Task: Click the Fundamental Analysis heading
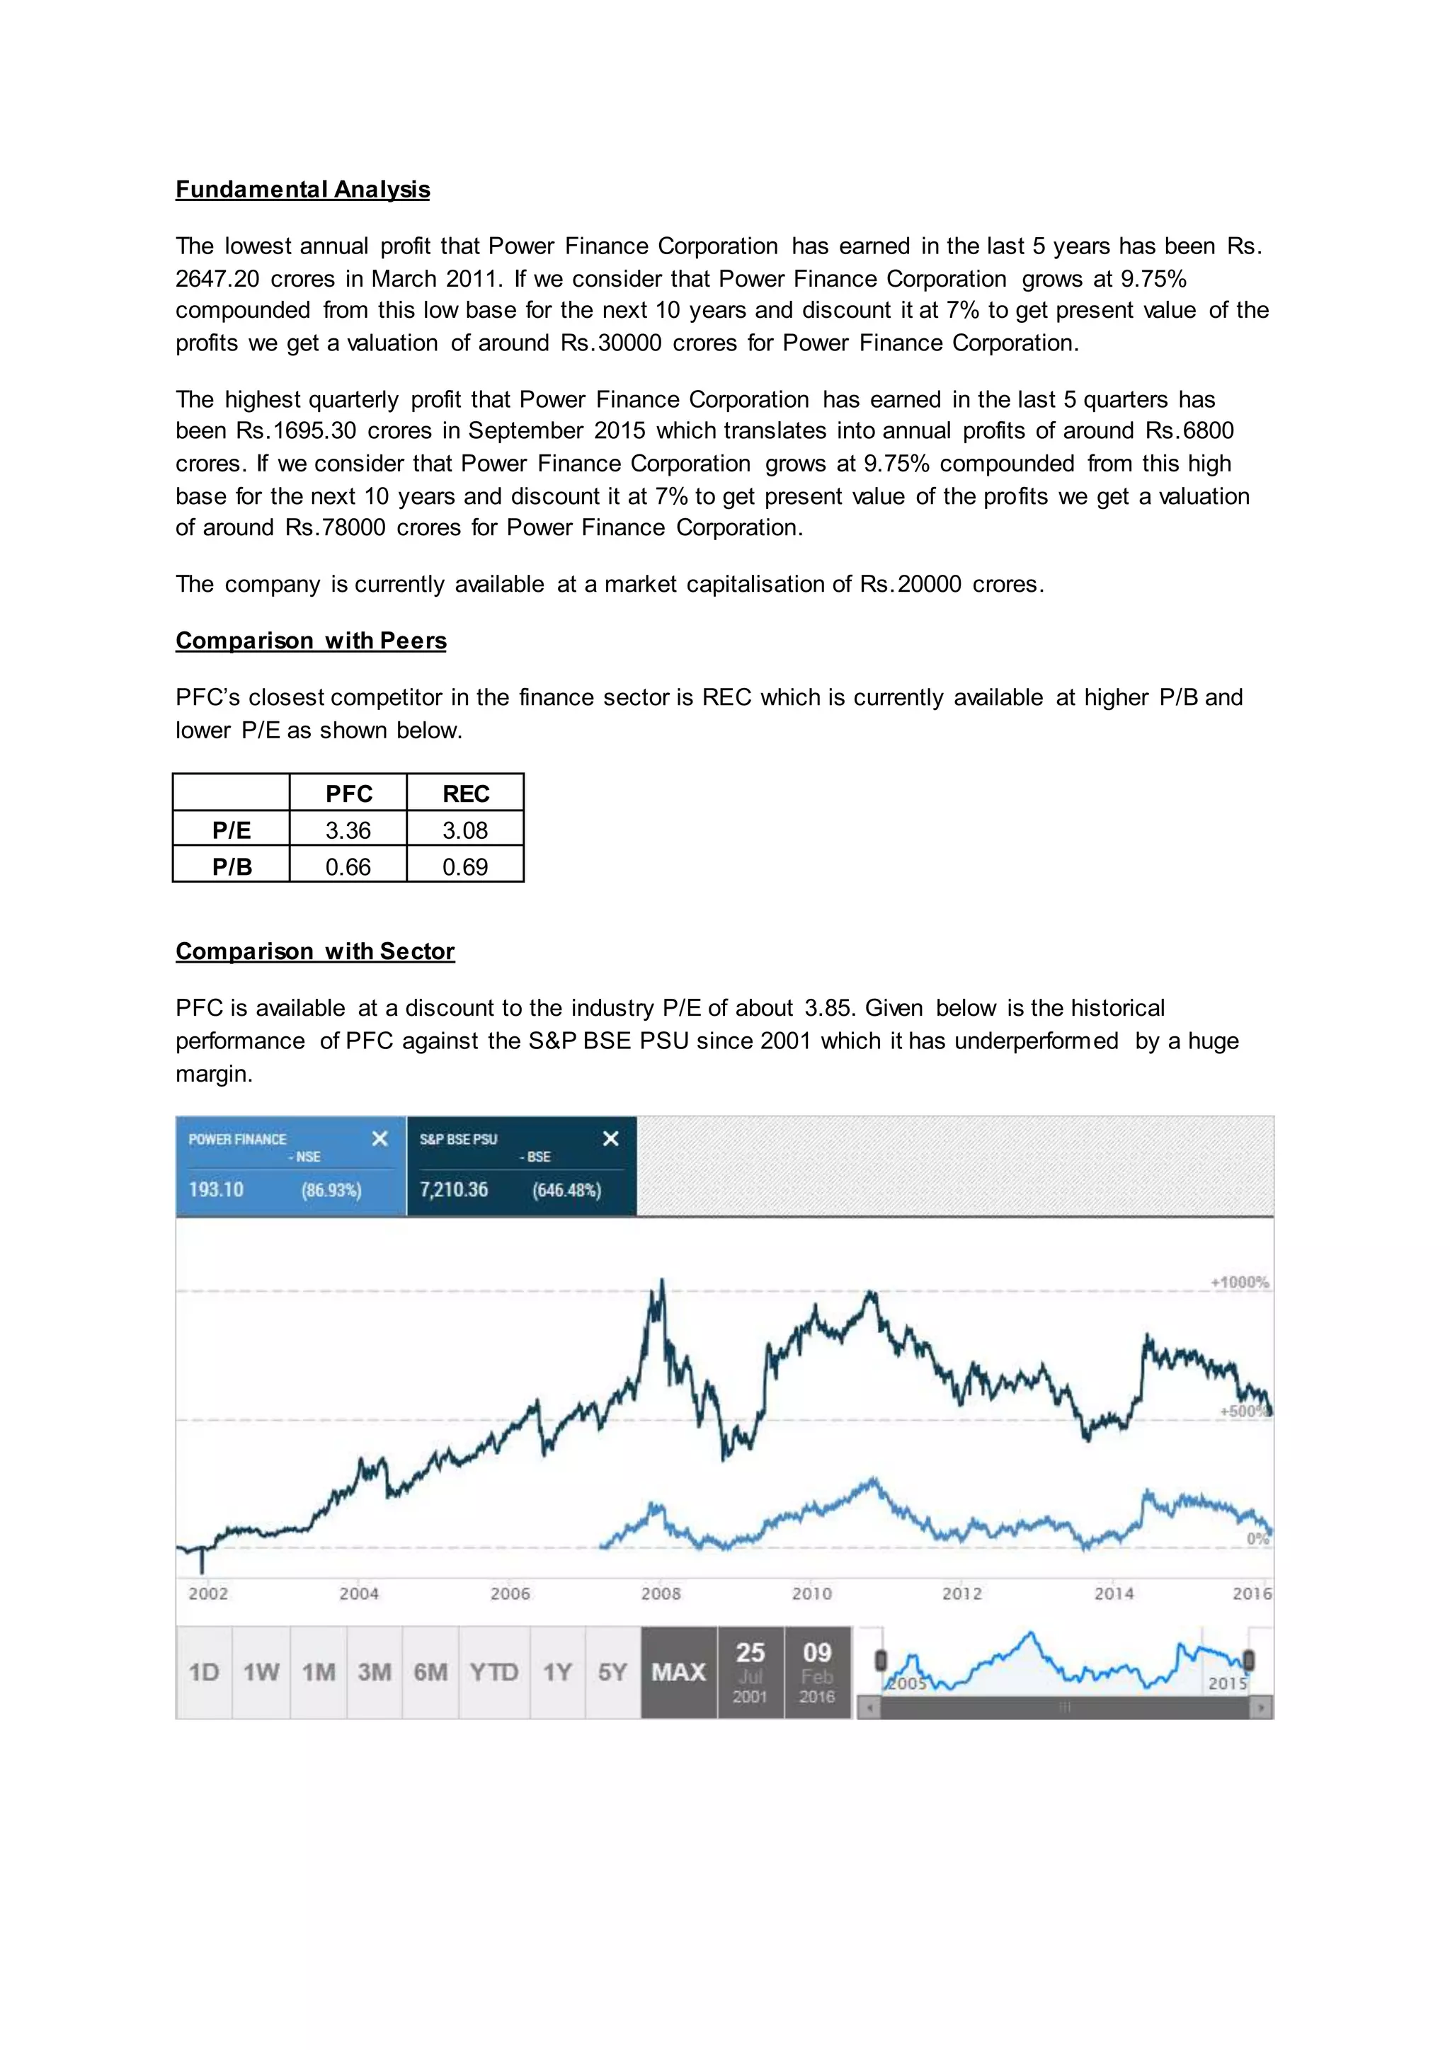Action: (303, 189)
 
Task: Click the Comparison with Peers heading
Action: (311, 641)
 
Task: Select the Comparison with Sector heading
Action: (315, 952)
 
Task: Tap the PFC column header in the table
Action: (348, 794)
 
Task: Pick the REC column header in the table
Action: (465, 794)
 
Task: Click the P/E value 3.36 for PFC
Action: (348, 830)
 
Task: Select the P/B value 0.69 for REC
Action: (465, 867)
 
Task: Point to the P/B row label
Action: (232, 867)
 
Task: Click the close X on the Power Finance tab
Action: (379, 1138)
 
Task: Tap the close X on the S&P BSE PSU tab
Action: (611, 1138)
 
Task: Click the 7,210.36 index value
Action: (454, 1189)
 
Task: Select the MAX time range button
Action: (678, 1672)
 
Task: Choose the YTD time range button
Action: (493, 1672)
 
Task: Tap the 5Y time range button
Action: (612, 1672)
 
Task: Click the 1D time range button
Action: (204, 1672)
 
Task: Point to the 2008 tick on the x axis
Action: (661, 1593)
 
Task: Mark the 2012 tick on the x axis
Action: (962, 1593)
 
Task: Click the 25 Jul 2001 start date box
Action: (750, 1672)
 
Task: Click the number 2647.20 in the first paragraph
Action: (217, 280)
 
